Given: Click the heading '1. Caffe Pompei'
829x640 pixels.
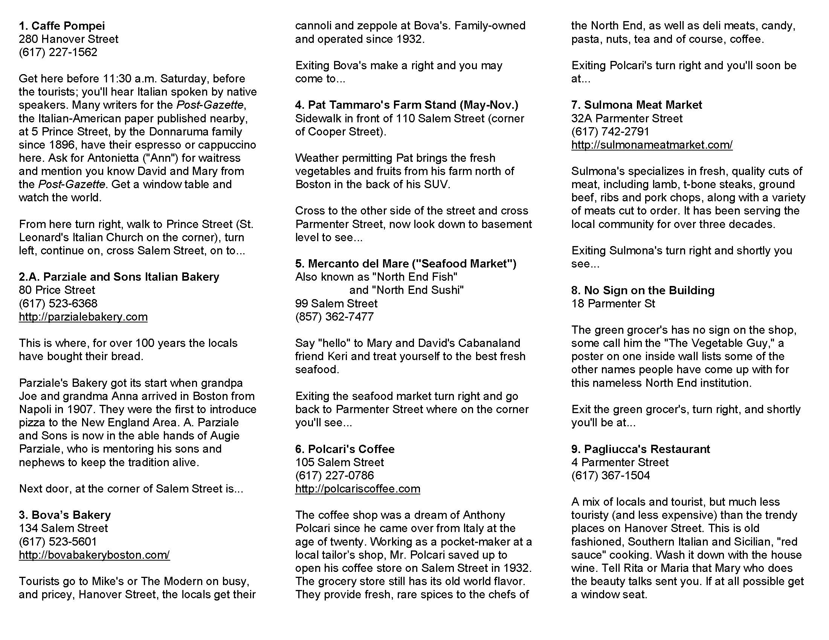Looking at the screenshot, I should pos(62,26).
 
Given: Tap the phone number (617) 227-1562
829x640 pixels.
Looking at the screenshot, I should pos(58,52).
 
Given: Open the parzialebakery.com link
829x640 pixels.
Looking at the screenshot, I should pos(83,316).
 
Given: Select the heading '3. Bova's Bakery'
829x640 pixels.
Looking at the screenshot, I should pos(65,515).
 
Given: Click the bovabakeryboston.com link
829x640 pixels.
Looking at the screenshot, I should pos(94,555).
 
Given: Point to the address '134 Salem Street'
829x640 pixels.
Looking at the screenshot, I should pos(63,528).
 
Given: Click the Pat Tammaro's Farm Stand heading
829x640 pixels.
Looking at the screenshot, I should pos(406,105).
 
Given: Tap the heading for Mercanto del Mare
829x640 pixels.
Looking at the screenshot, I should pos(406,263).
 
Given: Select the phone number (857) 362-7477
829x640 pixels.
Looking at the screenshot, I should pos(334,316).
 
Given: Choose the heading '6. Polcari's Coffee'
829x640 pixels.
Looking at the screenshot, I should pos(345,449).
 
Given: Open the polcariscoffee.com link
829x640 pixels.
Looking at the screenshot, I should pos(357,489).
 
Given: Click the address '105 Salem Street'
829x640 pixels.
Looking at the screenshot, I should pos(339,462).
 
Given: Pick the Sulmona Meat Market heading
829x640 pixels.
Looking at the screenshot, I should pos(637,105).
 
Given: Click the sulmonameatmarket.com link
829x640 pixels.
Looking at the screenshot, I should pos(652,145).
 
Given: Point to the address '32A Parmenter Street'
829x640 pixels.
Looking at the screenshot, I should pos(627,118).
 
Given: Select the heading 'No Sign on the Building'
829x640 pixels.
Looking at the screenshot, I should pos(643,290).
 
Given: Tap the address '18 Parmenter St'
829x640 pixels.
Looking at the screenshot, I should pos(613,304).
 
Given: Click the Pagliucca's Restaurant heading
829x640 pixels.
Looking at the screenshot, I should pos(640,449).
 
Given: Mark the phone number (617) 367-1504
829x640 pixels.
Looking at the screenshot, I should pos(611,476).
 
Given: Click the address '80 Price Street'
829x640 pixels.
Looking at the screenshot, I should pos(57,290).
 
